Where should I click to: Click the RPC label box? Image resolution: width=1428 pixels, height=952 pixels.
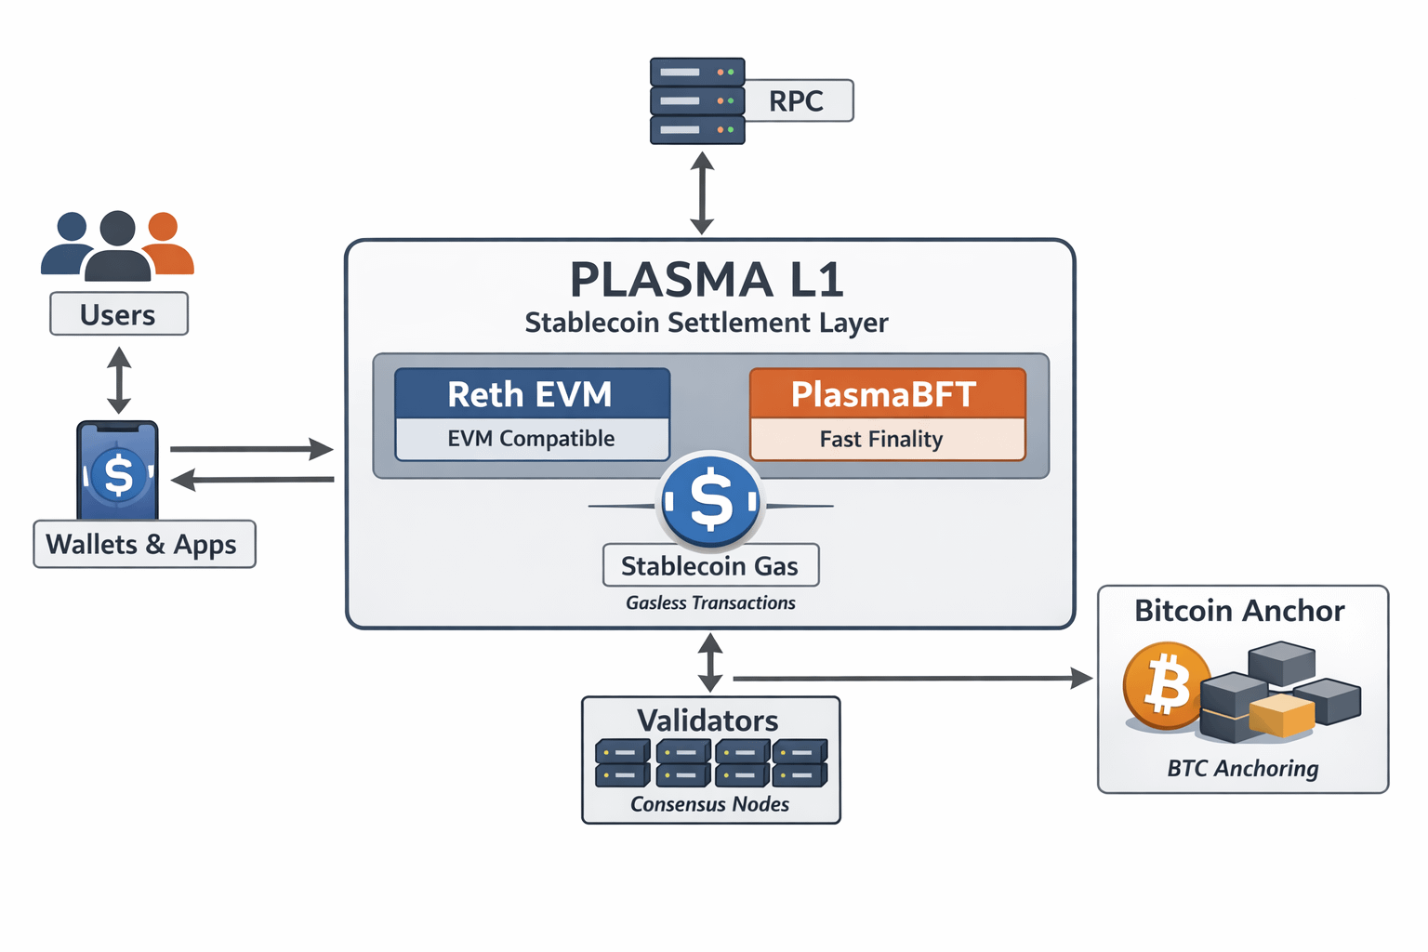click(x=797, y=100)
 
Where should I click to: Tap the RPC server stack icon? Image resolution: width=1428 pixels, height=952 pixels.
click(x=696, y=100)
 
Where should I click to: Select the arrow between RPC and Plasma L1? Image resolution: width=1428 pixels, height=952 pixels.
click(x=702, y=193)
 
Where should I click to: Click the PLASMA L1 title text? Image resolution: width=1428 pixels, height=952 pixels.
click(x=707, y=280)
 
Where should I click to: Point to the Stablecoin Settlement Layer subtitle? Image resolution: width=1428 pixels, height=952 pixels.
click(x=707, y=323)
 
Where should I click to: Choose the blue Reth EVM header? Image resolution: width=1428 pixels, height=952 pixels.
click(x=532, y=394)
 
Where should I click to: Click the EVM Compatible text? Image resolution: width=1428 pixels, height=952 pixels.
click(x=532, y=439)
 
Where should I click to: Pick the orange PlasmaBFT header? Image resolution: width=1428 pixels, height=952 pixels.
click(x=886, y=394)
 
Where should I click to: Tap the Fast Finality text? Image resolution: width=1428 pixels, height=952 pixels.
click(x=881, y=439)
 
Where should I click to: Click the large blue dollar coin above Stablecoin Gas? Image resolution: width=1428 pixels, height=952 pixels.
click(x=711, y=500)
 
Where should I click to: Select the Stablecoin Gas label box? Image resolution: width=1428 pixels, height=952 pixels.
click(x=710, y=565)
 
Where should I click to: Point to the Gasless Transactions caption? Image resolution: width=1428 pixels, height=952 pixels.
click(x=710, y=602)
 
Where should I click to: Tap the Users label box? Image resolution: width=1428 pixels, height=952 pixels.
click(x=118, y=314)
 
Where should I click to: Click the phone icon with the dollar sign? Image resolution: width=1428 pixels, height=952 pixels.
click(x=118, y=470)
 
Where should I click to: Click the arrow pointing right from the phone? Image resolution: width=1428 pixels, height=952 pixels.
click(x=251, y=449)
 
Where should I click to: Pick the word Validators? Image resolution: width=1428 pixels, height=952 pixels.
click(x=708, y=721)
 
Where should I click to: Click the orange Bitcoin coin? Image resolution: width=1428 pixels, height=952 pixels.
click(x=1166, y=685)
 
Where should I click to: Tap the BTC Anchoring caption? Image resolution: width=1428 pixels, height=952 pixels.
click(x=1243, y=768)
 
